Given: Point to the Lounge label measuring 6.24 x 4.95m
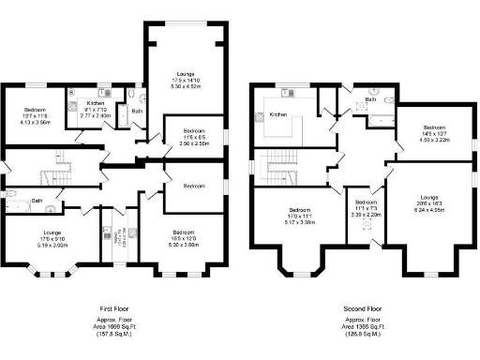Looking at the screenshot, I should (x=428, y=202).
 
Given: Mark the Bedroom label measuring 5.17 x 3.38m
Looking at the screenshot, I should (x=300, y=215).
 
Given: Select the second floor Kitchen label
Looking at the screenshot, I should (x=277, y=114).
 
